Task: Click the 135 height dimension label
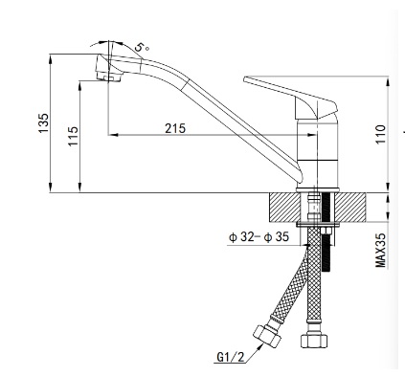click(x=44, y=122)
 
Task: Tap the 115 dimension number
click(x=73, y=136)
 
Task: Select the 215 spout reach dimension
click(x=175, y=128)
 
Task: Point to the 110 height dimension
click(x=380, y=134)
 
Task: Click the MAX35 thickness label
click(x=380, y=251)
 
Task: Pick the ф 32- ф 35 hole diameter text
click(x=259, y=237)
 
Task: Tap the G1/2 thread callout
click(x=230, y=357)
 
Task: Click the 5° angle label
click(x=142, y=47)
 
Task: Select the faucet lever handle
click(x=290, y=97)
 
